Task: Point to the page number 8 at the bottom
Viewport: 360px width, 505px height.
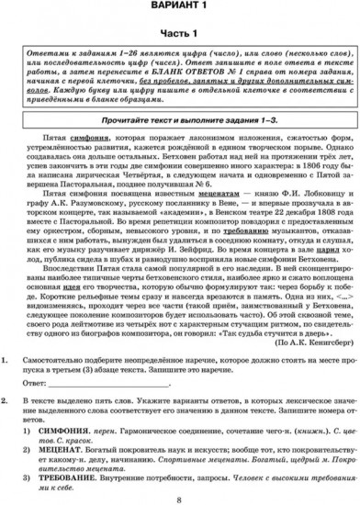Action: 179,500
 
